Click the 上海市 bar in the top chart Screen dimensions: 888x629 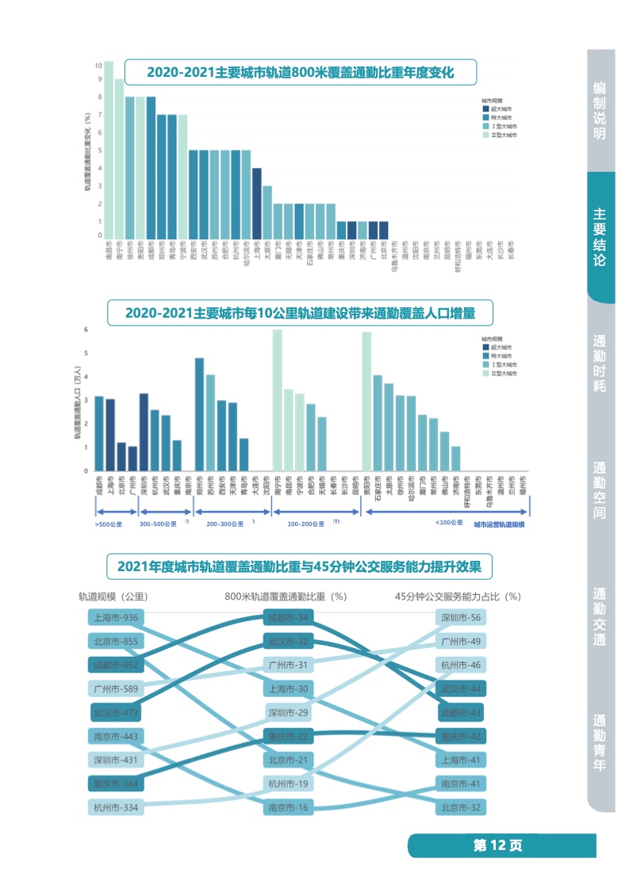tap(257, 202)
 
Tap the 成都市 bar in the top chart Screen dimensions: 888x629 tap(151, 166)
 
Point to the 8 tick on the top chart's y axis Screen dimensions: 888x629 tap(98, 97)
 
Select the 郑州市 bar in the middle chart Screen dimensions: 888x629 tap(199, 414)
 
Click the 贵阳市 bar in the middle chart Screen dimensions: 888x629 tap(366, 402)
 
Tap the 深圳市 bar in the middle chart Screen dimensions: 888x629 tap(144, 432)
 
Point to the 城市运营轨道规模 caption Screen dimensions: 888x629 tap(501, 524)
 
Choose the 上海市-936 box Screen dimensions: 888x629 tap(116, 618)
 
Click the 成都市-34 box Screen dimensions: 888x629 tap(289, 618)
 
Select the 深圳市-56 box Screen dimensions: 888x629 tap(460, 618)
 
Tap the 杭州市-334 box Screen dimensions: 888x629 tap(116, 808)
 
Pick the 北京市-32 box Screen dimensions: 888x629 tap(460, 808)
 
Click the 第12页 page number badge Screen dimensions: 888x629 tap(498, 845)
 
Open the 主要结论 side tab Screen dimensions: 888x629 tap(600, 237)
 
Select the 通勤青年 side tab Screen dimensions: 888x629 tap(600, 743)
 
